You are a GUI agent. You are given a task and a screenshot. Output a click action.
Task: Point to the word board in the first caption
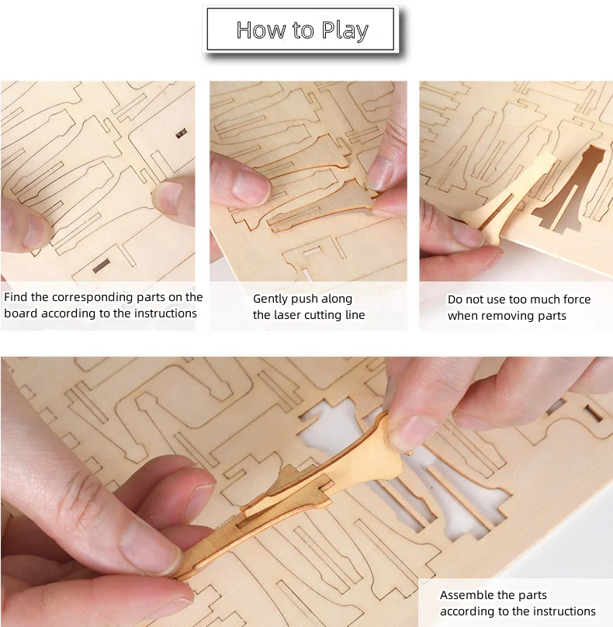21,313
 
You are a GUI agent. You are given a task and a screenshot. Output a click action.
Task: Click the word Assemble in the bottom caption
466,595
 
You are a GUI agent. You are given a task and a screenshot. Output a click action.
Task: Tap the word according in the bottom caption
469,611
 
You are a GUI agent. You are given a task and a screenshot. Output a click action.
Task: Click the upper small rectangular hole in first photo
182,133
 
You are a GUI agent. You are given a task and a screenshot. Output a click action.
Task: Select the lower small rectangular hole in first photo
101,267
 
